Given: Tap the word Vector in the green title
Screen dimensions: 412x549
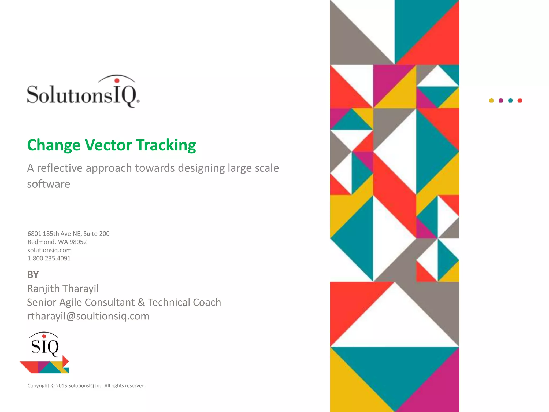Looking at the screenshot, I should coord(108,145).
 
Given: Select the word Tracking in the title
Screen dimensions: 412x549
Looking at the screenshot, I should coord(166,145).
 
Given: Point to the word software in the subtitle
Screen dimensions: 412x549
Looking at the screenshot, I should coord(49,184).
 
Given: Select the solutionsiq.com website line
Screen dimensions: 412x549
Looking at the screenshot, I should coord(49,250).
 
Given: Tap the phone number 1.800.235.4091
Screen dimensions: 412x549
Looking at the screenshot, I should coord(49,259).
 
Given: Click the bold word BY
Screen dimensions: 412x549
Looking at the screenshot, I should coord(33,275).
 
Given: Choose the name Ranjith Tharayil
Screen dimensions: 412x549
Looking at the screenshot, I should coord(63,289).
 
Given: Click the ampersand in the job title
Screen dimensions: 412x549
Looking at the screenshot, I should coord(141,303).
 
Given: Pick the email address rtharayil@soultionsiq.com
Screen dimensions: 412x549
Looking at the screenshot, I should coord(88,316).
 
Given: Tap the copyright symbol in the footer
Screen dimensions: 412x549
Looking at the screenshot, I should coord(53,386).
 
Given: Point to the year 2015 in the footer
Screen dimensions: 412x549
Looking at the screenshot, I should coord(61,386).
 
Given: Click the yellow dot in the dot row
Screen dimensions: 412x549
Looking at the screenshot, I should coord(491,101).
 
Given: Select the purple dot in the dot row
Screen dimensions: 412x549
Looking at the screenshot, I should coord(501,101).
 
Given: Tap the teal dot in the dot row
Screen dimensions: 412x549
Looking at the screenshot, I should coord(510,101).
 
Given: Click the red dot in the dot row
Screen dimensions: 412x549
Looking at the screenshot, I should coord(520,101).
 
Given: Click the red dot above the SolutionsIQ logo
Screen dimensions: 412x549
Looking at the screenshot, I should coord(117,80).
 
